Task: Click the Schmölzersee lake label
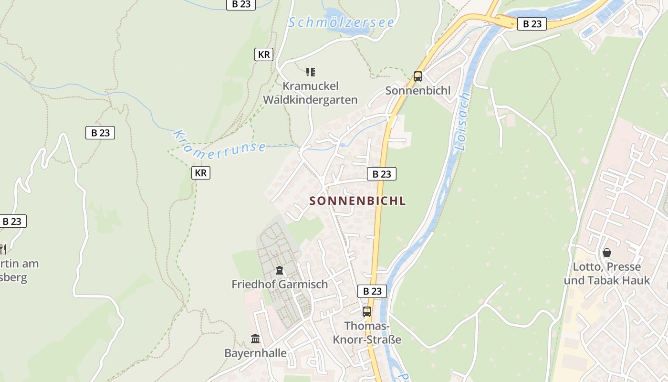[341, 22]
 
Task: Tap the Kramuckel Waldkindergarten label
[310, 93]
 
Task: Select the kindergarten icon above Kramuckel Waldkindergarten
[311, 72]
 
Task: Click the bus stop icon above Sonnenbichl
[417, 76]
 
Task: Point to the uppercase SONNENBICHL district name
[358, 201]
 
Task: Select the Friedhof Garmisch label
[280, 285]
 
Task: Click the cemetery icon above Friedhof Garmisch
[280, 270]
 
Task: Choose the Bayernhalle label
[256, 353]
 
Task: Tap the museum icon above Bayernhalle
[255, 339]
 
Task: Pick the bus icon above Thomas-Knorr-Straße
[366, 312]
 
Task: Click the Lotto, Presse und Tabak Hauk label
[607, 274]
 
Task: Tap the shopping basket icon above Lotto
[607, 253]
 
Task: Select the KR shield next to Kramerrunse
[201, 173]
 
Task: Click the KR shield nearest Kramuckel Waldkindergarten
[264, 54]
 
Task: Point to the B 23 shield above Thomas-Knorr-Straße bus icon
[372, 291]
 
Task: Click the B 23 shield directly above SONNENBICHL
[382, 174]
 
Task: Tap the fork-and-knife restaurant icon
[3, 249]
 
